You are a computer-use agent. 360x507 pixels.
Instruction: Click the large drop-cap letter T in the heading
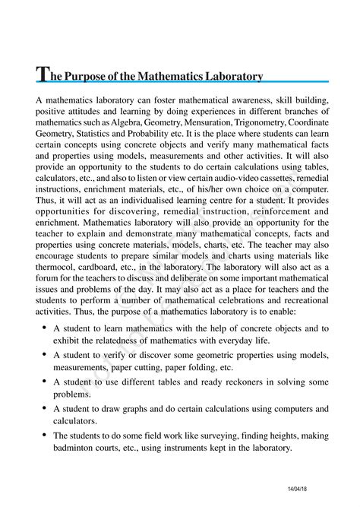click(44, 74)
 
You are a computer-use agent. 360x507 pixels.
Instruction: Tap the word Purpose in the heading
click(93, 76)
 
